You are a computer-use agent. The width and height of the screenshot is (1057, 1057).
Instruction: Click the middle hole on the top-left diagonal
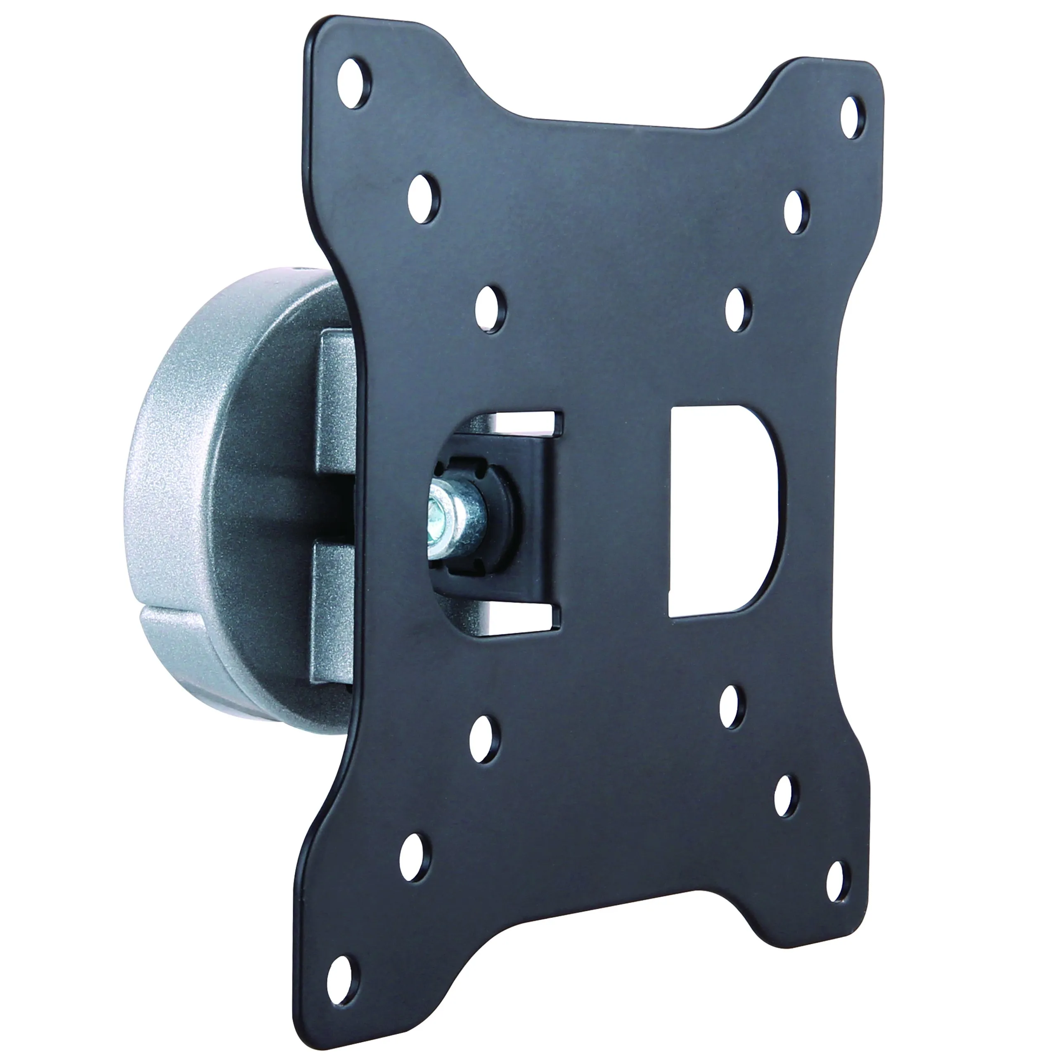424,199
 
